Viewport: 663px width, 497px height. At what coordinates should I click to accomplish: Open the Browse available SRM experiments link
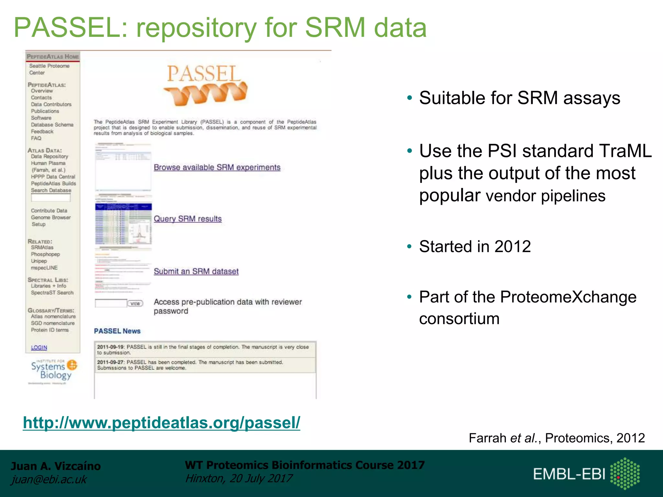[x=217, y=167]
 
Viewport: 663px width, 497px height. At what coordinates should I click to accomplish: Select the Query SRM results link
[x=187, y=219]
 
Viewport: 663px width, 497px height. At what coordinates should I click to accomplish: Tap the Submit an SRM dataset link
[x=196, y=271]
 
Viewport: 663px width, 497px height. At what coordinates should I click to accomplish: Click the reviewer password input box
[x=110, y=303]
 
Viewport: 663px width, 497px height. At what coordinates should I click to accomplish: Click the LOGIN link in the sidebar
[x=39, y=347]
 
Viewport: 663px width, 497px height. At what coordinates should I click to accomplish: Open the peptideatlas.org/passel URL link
[x=161, y=423]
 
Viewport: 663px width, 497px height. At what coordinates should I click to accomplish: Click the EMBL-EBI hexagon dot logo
[x=624, y=473]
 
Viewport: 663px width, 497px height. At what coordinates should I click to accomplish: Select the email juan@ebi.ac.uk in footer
[x=49, y=479]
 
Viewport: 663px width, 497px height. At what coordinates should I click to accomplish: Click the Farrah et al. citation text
[x=556, y=438]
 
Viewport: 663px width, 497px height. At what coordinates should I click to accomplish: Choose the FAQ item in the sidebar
[x=36, y=138]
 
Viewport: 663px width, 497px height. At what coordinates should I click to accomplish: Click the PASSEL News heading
[x=117, y=331]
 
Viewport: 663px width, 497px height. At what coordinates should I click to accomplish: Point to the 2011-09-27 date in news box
[x=110, y=362]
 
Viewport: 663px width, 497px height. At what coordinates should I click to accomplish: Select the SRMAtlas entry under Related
[x=42, y=248]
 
